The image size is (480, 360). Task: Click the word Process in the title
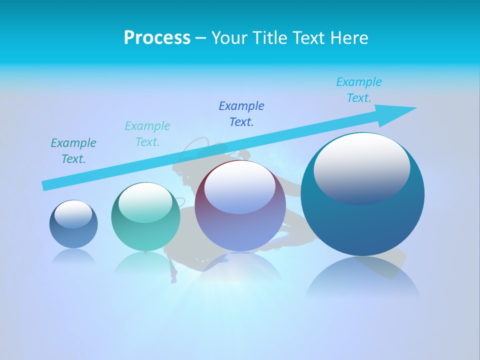(x=157, y=38)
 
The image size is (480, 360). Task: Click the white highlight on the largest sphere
(x=361, y=167)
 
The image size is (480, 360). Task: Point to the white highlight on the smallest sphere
(x=73, y=214)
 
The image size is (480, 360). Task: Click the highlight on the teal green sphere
(x=145, y=202)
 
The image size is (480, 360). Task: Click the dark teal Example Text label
(x=73, y=151)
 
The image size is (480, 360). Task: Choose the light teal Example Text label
(x=147, y=134)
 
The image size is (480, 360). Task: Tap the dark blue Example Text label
(x=241, y=113)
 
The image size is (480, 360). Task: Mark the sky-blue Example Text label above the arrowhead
(x=358, y=90)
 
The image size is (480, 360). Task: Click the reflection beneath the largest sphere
(x=362, y=280)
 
